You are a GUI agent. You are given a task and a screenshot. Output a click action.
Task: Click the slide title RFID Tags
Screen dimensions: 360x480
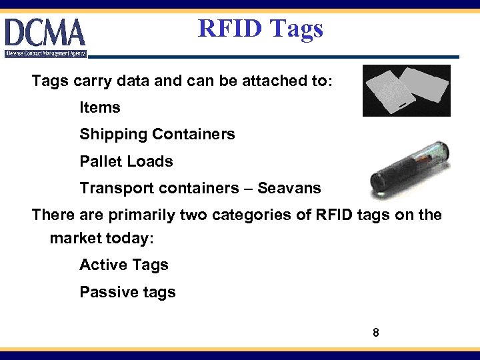coord(261,29)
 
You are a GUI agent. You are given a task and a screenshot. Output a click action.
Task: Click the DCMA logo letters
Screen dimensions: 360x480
coord(45,33)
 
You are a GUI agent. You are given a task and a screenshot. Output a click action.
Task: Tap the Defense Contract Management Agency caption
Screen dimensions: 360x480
coord(45,53)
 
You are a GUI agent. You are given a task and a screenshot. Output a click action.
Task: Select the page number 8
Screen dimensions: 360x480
coord(376,331)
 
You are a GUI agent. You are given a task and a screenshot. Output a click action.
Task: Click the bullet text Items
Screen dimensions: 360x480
coord(100,107)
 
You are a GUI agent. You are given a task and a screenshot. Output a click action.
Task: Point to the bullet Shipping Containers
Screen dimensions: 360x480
coord(157,134)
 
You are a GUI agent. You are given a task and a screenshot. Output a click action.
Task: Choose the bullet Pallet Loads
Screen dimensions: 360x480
coord(126,161)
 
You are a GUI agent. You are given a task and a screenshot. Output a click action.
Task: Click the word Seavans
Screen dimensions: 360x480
coord(289,189)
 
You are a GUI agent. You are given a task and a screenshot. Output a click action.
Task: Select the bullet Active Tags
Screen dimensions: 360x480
coord(124,265)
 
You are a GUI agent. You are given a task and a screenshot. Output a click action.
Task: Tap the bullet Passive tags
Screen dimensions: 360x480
coord(127,292)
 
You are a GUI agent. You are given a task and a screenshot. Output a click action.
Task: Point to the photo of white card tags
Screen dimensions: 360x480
coord(406,91)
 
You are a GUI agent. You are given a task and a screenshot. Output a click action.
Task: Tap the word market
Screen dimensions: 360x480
coord(75,238)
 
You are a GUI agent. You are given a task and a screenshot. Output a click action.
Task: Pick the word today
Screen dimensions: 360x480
coord(131,238)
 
